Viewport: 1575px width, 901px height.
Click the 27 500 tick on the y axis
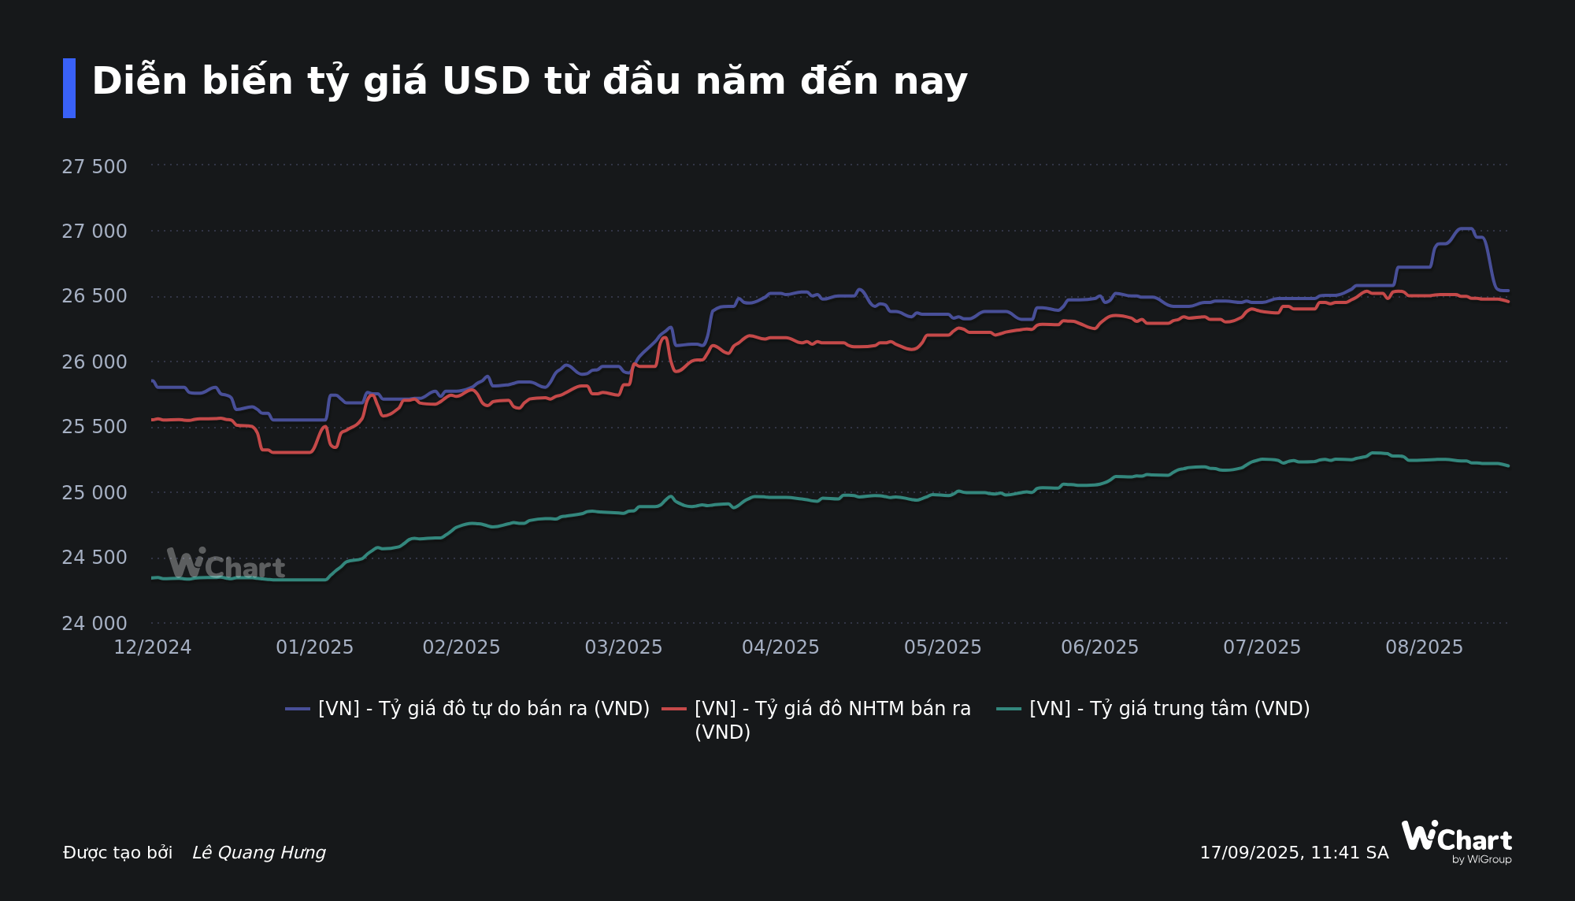coord(94,167)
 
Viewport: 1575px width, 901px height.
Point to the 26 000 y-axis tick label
coord(94,362)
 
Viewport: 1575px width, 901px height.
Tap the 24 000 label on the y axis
coord(94,624)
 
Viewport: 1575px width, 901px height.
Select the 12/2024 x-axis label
coord(153,647)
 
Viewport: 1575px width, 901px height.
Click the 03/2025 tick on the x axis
coord(624,647)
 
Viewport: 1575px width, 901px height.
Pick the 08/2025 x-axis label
coord(1424,647)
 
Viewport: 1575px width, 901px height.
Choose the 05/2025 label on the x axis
coord(943,647)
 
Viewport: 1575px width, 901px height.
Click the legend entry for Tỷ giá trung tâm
coord(1169,709)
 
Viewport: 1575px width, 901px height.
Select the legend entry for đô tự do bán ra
coord(484,709)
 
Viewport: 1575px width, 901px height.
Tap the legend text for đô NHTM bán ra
coord(832,709)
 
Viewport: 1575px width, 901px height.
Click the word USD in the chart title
coord(486,81)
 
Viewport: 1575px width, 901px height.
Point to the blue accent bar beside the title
coord(69,88)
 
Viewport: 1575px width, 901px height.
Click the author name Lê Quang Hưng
coord(259,853)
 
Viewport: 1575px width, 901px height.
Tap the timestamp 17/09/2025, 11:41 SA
coord(1294,853)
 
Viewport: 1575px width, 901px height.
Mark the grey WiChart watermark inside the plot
coord(226,564)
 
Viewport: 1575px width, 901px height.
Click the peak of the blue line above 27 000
coord(1465,228)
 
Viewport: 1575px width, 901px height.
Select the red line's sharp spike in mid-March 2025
coord(665,337)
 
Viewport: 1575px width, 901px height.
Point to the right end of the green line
coord(1508,466)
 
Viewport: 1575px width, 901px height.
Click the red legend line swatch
coord(674,709)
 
